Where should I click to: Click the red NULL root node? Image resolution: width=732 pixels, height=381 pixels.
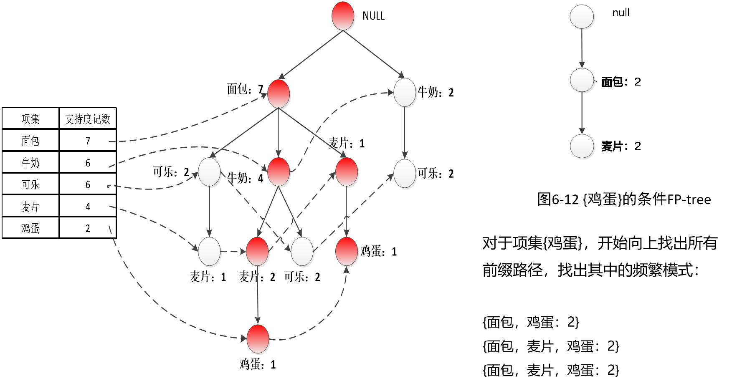pos(343,16)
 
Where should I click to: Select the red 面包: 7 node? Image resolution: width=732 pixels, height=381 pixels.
pos(279,93)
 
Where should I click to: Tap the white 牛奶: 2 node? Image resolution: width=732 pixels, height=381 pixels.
pos(405,92)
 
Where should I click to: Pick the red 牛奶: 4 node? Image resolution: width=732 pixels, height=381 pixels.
pos(279,172)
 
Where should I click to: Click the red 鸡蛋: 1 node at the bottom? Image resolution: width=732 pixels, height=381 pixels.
pos(258,339)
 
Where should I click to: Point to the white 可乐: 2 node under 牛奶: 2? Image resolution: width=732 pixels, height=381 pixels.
pos(405,173)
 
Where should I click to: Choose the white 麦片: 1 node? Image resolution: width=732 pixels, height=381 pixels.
pos(209,252)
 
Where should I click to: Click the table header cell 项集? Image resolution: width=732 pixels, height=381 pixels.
pos(30,119)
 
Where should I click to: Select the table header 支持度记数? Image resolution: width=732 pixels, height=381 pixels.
pos(88,119)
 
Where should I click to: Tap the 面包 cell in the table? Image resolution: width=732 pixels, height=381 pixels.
pos(30,141)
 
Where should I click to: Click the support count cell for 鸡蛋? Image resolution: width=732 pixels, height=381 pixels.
pos(88,228)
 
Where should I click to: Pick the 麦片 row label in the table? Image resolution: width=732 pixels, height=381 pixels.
pos(30,207)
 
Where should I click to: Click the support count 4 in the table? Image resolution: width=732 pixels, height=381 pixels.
pos(88,207)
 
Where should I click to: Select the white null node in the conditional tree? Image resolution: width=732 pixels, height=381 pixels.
pos(582,17)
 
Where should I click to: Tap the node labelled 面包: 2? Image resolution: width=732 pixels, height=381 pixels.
pos(582,80)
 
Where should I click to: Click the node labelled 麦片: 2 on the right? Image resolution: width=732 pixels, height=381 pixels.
pos(582,146)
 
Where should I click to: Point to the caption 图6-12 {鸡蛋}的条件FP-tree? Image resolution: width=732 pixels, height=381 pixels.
pos(624,199)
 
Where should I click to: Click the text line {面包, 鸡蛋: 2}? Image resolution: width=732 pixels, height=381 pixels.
pos(531,322)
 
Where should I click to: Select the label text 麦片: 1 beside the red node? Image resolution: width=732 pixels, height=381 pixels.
pos(347,144)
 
